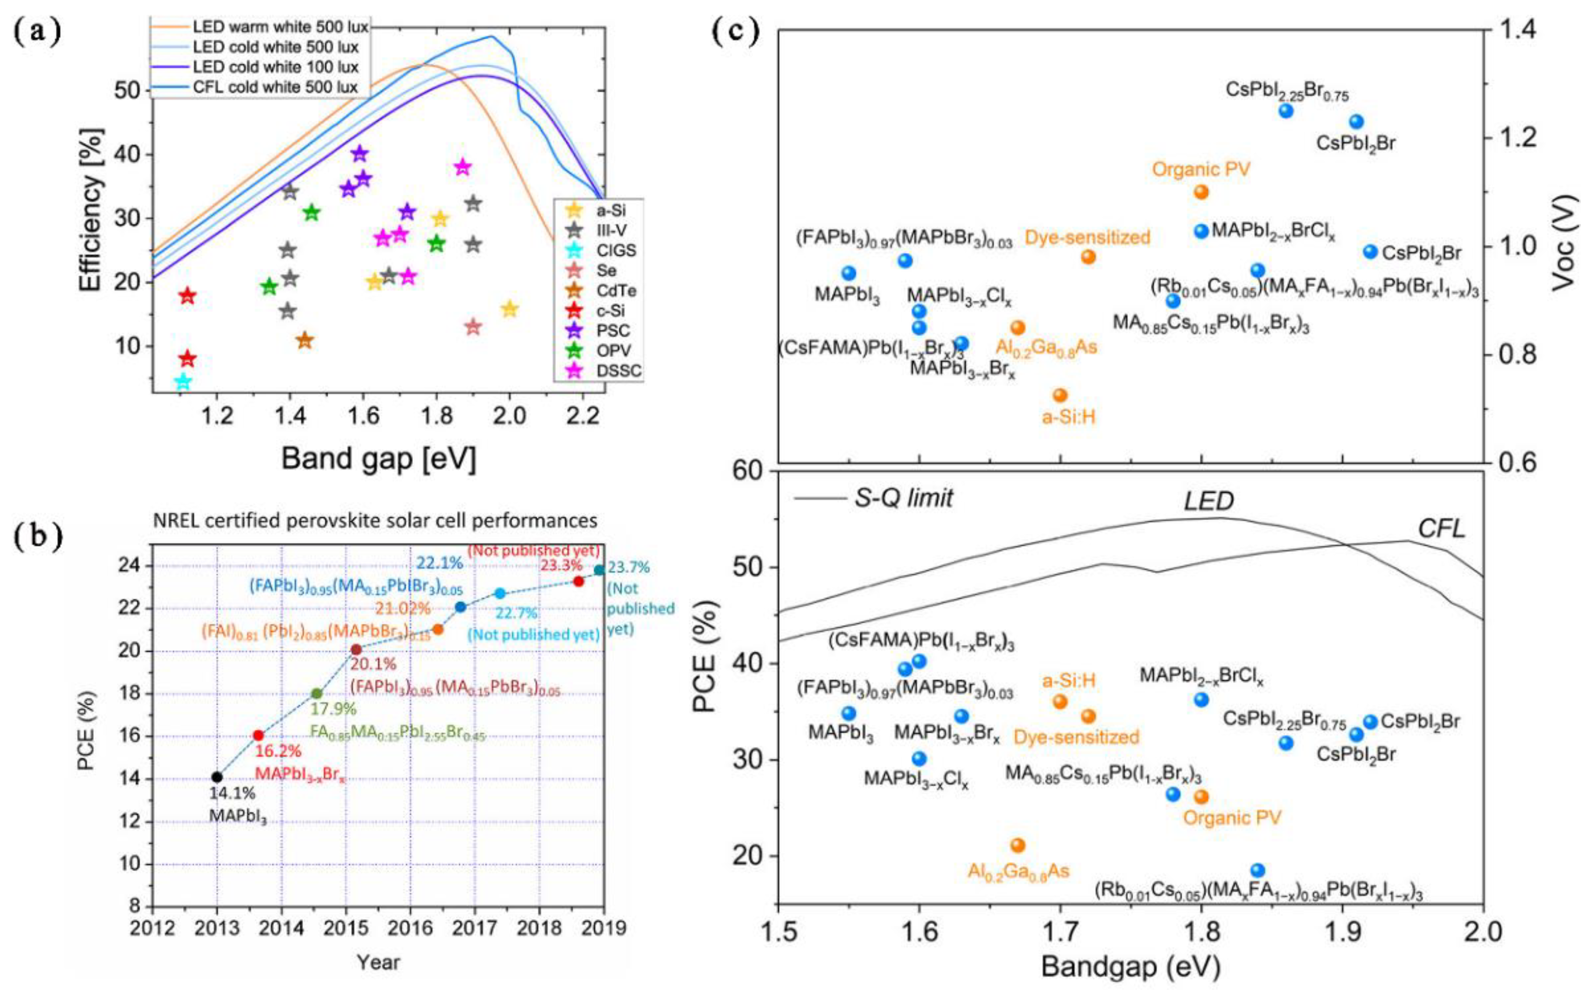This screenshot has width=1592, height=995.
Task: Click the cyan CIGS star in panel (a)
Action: (183, 381)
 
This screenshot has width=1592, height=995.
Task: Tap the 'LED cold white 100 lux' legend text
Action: (276, 67)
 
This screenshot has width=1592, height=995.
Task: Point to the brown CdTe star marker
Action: (304, 340)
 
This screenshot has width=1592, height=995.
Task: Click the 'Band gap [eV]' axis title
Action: (378, 459)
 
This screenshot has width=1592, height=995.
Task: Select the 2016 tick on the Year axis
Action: (410, 928)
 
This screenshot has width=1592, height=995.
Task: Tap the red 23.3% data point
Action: (578, 581)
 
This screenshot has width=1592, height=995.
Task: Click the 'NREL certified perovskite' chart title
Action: (375, 520)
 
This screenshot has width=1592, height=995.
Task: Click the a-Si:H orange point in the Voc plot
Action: (1059, 395)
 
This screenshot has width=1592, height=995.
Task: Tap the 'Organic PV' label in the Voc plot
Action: (1200, 169)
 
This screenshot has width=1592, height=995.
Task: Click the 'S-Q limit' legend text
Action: (903, 498)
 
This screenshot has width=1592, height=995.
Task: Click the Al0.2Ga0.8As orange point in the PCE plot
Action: (1018, 845)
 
